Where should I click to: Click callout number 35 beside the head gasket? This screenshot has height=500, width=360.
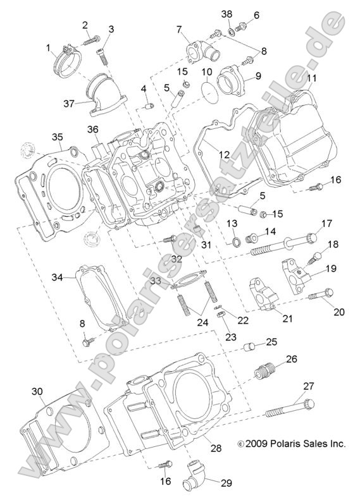coord(58,136)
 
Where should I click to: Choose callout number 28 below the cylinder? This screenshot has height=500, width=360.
coord(215,448)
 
